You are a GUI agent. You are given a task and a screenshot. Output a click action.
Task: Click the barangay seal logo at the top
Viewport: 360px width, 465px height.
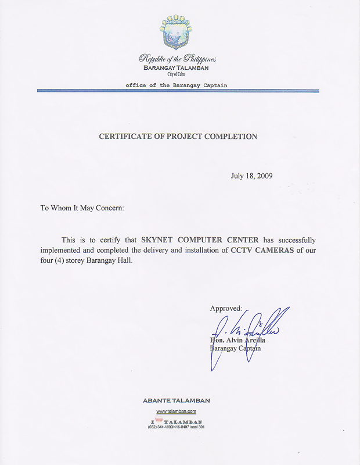coord(176,31)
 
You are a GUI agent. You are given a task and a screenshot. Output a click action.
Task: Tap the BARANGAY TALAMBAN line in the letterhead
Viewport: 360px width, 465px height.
coord(177,68)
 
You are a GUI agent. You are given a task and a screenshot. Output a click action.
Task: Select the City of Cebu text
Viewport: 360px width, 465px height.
coord(177,75)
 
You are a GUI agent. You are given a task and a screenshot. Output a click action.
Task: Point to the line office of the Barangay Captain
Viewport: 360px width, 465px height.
coord(177,85)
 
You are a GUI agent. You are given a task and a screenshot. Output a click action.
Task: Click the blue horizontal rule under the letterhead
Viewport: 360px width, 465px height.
coord(178,91)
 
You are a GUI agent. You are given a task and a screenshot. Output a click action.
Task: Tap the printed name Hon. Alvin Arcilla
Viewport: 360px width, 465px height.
coord(238,340)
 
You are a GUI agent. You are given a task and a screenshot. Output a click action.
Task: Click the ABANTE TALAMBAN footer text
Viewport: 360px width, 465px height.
coord(177,400)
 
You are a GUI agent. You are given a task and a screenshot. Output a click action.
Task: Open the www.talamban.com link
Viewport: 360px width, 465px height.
coord(177,411)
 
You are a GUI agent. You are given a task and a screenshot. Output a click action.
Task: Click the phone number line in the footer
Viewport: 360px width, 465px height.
coord(177,427)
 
